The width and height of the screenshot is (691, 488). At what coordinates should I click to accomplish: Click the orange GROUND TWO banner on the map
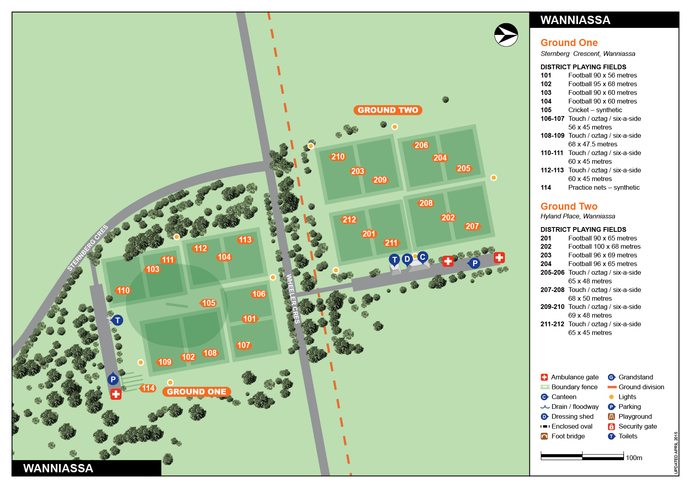[x=388, y=110]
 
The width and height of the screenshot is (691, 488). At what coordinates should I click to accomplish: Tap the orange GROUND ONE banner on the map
[x=196, y=392]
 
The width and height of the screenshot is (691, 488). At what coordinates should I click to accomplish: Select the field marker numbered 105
[x=208, y=303]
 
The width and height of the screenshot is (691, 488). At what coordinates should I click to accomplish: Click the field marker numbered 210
[x=338, y=157]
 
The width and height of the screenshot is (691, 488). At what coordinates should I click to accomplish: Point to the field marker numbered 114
[x=148, y=388]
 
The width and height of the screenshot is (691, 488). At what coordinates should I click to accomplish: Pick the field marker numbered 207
[x=472, y=226]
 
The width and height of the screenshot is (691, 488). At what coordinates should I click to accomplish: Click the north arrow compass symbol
[x=506, y=35]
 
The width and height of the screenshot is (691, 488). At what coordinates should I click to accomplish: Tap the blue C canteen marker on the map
[x=422, y=257]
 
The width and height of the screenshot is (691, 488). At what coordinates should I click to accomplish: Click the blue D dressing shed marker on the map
[x=407, y=259]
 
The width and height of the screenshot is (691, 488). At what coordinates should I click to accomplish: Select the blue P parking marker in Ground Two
[x=475, y=263]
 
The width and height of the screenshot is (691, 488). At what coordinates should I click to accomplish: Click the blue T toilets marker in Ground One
[x=117, y=320]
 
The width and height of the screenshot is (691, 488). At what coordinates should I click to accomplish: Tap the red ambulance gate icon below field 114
[x=116, y=394]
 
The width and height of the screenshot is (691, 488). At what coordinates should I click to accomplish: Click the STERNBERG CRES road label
[x=87, y=248]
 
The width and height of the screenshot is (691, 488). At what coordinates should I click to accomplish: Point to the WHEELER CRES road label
[x=293, y=299]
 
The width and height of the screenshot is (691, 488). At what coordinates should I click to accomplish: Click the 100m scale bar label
[x=634, y=458]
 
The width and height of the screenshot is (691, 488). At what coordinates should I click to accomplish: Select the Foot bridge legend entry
[x=568, y=436]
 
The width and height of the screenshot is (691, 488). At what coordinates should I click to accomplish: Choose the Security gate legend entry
[x=637, y=426]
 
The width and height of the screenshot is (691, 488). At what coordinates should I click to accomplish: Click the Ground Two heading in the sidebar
[x=568, y=206]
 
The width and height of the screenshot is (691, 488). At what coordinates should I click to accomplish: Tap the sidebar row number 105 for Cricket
[x=546, y=110]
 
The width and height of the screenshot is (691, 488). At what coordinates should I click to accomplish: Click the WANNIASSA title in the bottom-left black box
[x=58, y=468]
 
